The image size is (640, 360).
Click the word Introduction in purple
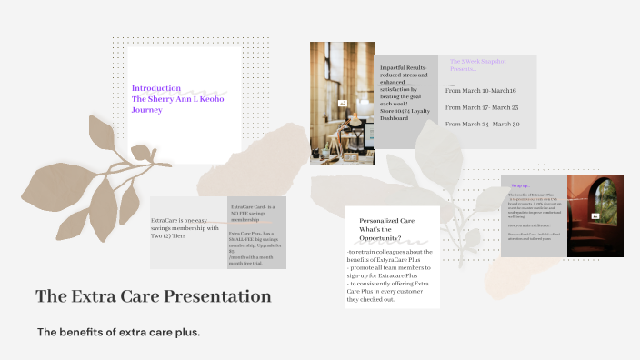(x=156, y=88)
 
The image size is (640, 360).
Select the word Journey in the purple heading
(x=147, y=110)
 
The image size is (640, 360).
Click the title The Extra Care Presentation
(x=153, y=296)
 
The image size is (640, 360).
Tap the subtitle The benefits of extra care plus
(x=118, y=332)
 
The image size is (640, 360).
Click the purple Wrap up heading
(x=520, y=185)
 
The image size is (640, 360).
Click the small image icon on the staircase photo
(x=595, y=216)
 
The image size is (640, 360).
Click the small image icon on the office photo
(x=342, y=104)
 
